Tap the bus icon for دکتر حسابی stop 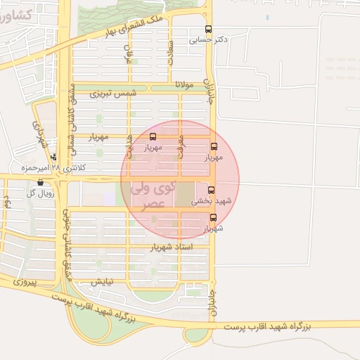coord(207,30)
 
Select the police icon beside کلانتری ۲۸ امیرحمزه coord(53,157)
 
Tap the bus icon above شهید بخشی coord(211,190)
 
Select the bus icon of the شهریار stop coord(213,217)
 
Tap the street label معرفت coord(180,141)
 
